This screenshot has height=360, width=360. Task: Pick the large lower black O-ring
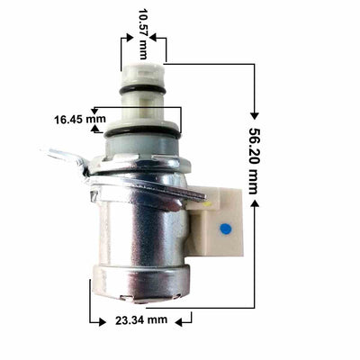tap(141, 132)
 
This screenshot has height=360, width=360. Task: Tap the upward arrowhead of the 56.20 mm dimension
tap(255, 203)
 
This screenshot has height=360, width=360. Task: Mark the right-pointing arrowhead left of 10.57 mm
tap(126, 38)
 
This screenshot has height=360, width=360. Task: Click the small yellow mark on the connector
tap(208, 205)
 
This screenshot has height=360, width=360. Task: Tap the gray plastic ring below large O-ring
tap(141, 144)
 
